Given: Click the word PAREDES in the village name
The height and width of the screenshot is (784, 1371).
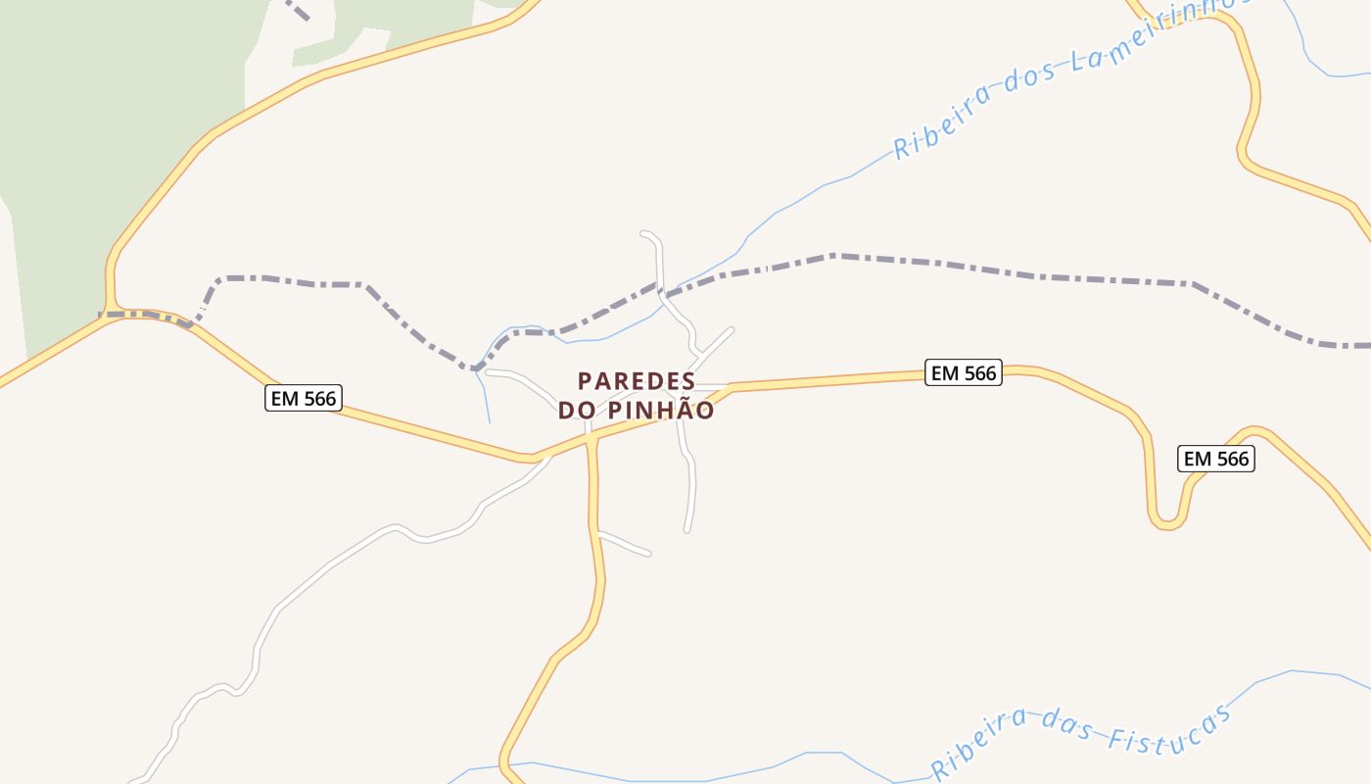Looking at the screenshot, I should coord(637,381).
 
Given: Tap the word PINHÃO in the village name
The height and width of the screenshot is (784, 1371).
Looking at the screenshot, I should coord(662,411).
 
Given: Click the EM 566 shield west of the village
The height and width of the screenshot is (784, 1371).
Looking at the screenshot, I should coord(302,398).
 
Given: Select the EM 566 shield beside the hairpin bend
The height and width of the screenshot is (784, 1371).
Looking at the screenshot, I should coord(1215,459).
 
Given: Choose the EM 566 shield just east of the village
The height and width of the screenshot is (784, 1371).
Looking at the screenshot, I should coord(963,372).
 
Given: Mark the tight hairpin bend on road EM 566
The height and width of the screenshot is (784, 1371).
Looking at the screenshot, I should coord(1166,522).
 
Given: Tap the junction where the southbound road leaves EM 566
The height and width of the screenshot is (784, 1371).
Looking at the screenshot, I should coord(591,441).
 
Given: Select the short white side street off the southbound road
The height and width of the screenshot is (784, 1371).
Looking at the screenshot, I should coord(624,544).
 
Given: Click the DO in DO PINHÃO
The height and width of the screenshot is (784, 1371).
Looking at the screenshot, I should coord(579,411).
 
